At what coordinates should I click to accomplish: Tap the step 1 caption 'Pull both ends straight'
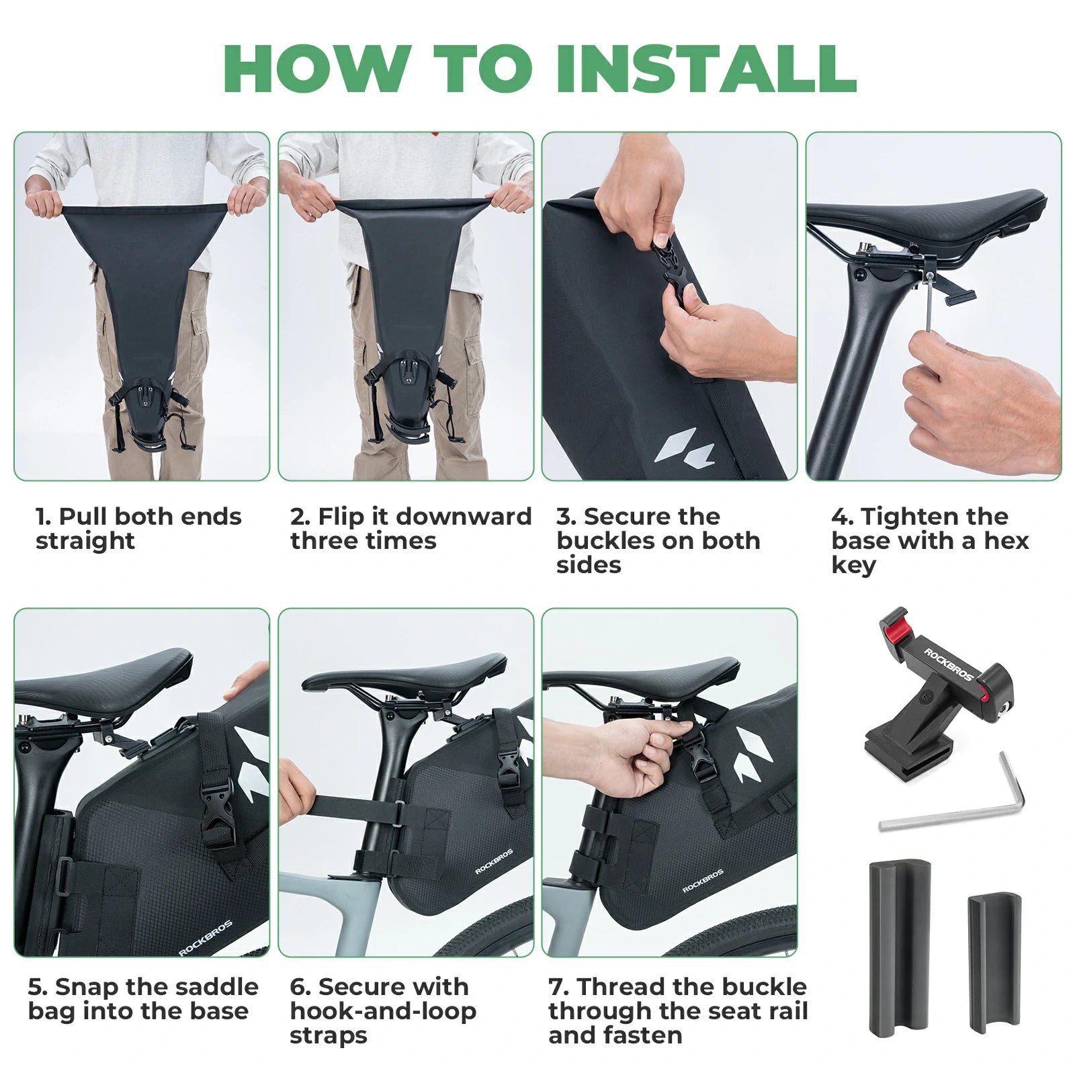[138, 528]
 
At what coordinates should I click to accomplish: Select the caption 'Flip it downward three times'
[410, 528]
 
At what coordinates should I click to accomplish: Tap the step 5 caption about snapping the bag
[142, 998]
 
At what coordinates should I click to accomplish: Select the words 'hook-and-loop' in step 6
[383, 1010]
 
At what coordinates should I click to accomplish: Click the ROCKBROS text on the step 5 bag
[205, 938]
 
